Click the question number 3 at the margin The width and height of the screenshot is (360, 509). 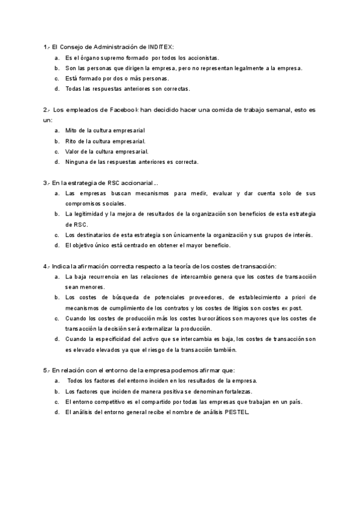pyautogui.click(x=46, y=183)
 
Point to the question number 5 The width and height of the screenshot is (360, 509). pyautogui.click(x=46, y=370)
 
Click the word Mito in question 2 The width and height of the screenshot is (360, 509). pyautogui.click(x=71, y=130)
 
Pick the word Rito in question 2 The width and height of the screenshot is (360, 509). pyautogui.click(x=71, y=141)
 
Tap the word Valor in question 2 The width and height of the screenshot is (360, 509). pyautogui.click(x=73, y=151)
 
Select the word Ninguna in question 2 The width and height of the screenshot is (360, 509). pyautogui.click(x=76, y=162)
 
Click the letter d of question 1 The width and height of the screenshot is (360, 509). pyautogui.click(x=56, y=89)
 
